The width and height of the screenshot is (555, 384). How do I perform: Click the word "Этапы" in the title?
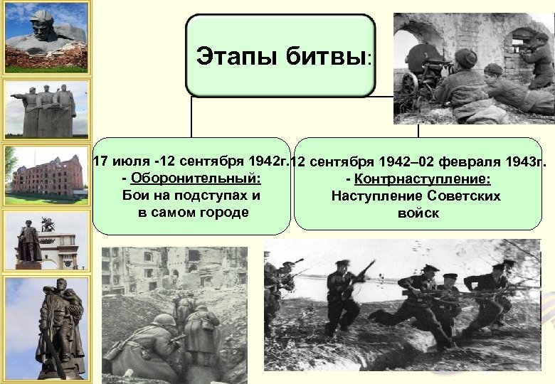pyautogui.click(x=233, y=55)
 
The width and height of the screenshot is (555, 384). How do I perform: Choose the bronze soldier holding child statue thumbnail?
pyautogui.click(x=46, y=327)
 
